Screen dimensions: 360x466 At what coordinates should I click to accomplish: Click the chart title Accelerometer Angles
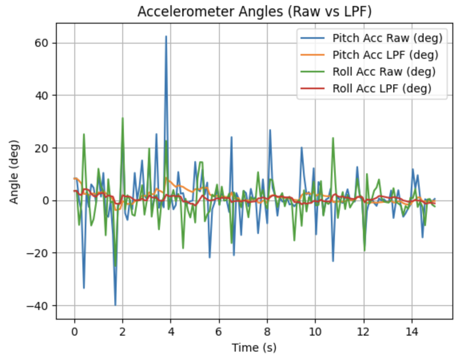click(255, 12)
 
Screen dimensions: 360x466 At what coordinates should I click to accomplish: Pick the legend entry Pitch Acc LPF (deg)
click(385, 55)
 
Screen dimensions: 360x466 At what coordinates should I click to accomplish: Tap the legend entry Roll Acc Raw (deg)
click(384, 72)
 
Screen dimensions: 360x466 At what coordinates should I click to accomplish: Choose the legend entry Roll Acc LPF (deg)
click(382, 88)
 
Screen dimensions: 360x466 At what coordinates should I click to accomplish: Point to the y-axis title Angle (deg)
click(14, 172)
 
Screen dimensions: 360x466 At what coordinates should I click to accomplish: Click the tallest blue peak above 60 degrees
click(166, 36)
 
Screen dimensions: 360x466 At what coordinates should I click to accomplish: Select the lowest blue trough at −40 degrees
click(116, 305)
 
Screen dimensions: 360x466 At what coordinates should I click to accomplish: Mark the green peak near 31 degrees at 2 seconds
click(123, 118)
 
